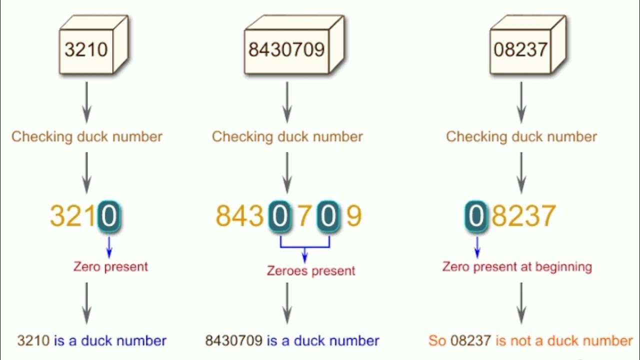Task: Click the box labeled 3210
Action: (x=86, y=49)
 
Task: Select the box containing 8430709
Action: (x=286, y=49)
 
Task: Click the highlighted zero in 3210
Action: (x=109, y=216)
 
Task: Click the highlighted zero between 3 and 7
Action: (x=280, y=216)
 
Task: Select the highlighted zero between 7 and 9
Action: (x=329, y=216)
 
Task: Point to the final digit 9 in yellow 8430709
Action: (x=353, y=216)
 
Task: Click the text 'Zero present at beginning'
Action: (x=517, y=266)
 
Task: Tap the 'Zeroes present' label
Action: (x=311, y=270)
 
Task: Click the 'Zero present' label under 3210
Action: (x=110, y=266)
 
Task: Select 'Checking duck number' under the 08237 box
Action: (x=521, y=136)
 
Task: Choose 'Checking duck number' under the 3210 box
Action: (x=87, y=136)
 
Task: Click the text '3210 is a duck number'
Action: (x=91, y=341)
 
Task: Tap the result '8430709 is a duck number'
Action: (x=292, y=341)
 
